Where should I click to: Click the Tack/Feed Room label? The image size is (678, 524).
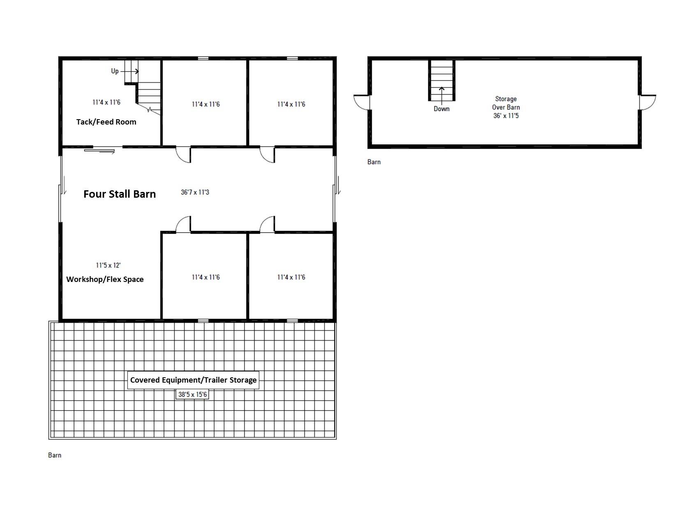click(x=106, y=122)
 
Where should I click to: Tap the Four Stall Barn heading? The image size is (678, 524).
click(x=120, y=194)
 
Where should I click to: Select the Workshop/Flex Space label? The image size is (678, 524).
click(x=105, y=279)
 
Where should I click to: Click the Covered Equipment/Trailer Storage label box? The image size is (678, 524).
click(x=193, y=380)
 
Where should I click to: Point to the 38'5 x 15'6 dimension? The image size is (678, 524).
click(x=192, y=394)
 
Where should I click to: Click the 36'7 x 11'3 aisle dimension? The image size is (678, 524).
click(x=195, y=192)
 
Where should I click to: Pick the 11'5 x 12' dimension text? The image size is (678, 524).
click(x=108, y=265)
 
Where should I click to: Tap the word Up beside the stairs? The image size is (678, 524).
click(x=115, y=71)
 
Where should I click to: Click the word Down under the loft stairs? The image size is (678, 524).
click(x=441, y=108)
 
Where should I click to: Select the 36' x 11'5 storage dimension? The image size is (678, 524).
click(x=506, y=115)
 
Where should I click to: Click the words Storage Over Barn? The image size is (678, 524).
click(x=506, y=103)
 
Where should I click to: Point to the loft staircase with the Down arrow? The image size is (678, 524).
click(x=441, y=81)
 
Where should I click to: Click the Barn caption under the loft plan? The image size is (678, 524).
click(x=374, y=162)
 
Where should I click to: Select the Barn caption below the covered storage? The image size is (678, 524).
click(x=55, y=455)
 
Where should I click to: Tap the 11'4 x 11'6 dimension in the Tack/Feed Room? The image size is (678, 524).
click(x=106, y=102)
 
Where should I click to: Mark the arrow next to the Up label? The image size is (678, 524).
click(x=129, y=72)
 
